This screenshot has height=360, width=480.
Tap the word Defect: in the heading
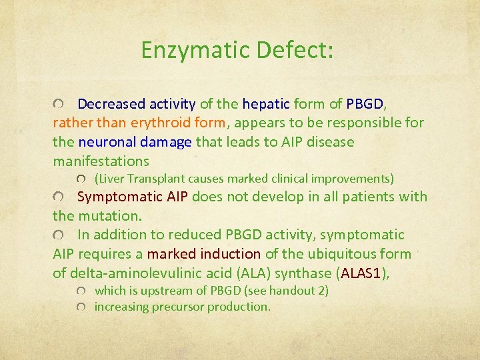[x=303, y=49]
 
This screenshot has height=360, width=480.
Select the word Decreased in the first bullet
[x=111, y=104]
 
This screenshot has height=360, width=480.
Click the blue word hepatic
[x=266, y=104]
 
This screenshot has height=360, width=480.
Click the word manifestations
[x=101, y=161]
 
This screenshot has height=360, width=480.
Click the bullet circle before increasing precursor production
[x=81, y=307]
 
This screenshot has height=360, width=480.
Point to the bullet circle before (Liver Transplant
[x=81, y=179]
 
